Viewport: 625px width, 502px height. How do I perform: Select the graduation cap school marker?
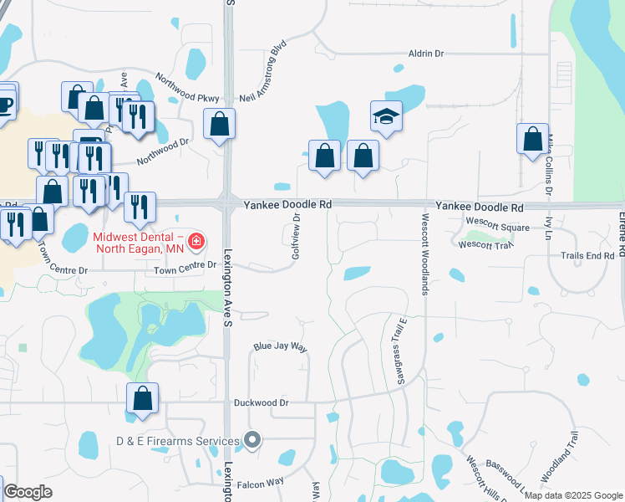coord(386,117)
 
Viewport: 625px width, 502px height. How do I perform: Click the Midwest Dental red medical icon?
coord(196,243)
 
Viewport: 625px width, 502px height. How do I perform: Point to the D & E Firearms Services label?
coord(177,441)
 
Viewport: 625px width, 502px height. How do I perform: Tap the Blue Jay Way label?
coord(281,346)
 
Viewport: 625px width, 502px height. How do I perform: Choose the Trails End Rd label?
coord(587,255)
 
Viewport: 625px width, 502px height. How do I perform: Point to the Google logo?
coord(28,492)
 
